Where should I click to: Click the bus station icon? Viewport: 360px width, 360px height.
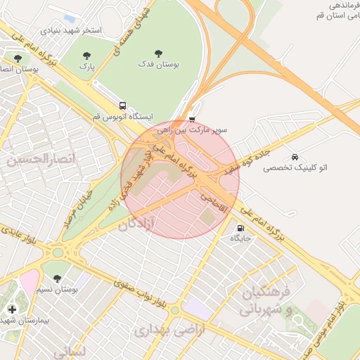pos(123,105)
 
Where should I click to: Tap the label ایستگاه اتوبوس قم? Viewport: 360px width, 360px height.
pos(122,117)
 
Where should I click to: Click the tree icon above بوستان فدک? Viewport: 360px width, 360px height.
pos(159,53)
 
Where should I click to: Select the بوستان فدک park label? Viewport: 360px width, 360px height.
pos(159,65)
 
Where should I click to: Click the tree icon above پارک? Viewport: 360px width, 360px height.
pos(86,56)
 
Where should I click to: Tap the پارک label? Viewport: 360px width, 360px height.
pos(86,67)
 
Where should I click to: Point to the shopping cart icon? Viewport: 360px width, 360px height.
pos(193,120)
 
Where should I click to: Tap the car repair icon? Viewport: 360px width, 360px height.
pos(294,157)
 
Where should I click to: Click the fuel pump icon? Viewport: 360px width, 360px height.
pos(241,228)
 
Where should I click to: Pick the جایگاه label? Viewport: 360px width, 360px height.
pos(241,239)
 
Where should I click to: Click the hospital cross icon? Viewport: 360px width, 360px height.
pos(12,309)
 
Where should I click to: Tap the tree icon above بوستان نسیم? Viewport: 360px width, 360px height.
pos(58,278)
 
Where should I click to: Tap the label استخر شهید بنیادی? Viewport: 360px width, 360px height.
pos(72,31)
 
